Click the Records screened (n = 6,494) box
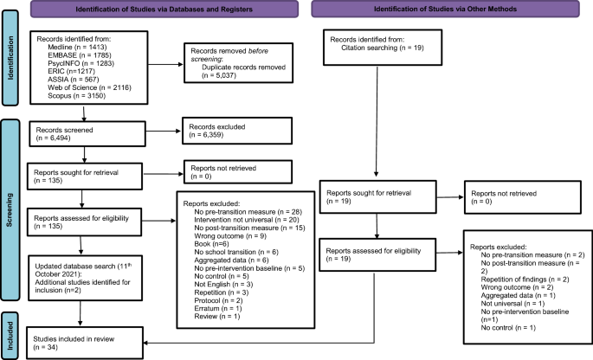point(85,134)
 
